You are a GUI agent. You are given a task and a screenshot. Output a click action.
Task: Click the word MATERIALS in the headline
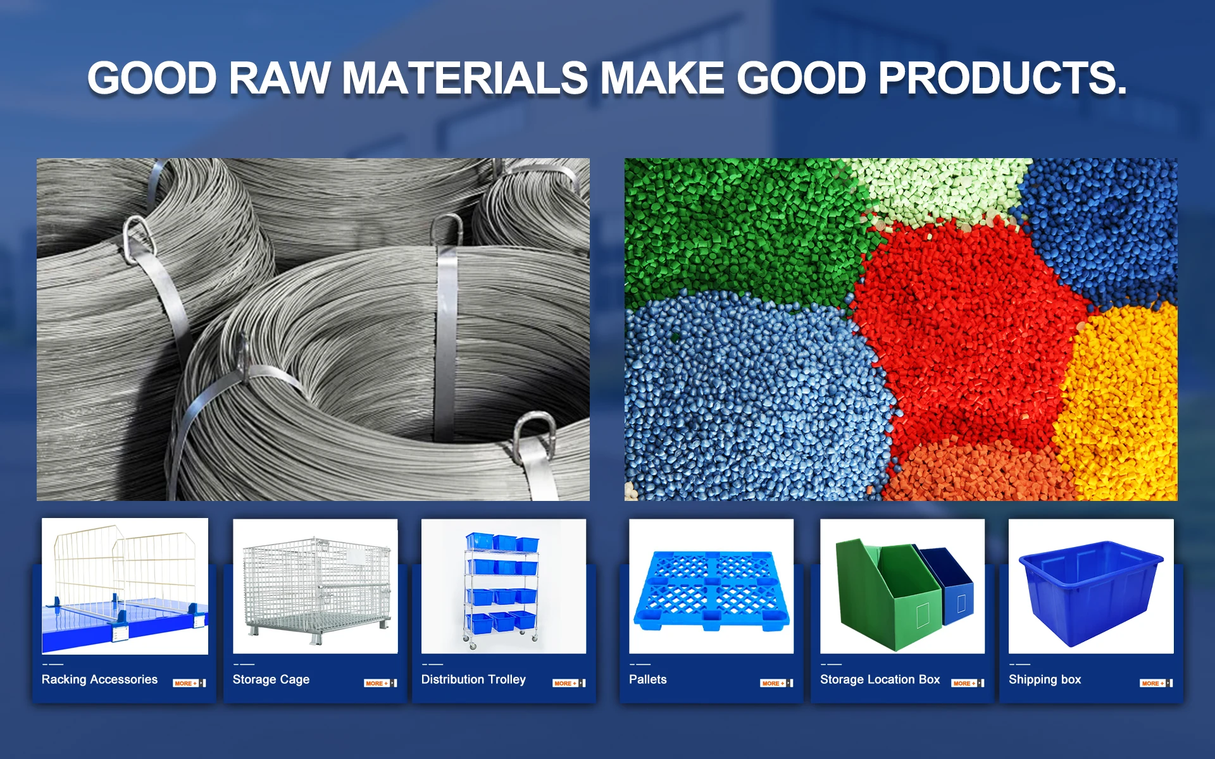[x=464, y=78]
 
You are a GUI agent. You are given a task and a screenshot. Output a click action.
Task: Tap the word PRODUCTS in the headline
[x=1002, y=78]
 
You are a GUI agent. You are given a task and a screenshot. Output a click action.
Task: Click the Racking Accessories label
[x=99, y=679]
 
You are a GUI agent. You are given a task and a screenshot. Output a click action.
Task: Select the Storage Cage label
[x=271, y=679]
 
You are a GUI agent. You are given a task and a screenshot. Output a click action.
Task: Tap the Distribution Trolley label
[x=473, y=679]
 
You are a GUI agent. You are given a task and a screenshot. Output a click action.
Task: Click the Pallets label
[x=647, y=679]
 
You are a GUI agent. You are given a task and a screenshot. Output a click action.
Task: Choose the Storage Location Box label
[x=880, y=679]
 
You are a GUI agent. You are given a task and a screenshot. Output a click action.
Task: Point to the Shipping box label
[x=1045, y=679]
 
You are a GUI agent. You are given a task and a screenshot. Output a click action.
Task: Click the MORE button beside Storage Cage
[x=380, y=683]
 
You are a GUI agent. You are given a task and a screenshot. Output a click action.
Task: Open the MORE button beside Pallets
[x=776, y=683]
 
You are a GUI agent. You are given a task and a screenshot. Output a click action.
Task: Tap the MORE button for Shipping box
[x=1156, y=683]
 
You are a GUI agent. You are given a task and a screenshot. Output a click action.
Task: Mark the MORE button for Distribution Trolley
[x=570, y=683]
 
